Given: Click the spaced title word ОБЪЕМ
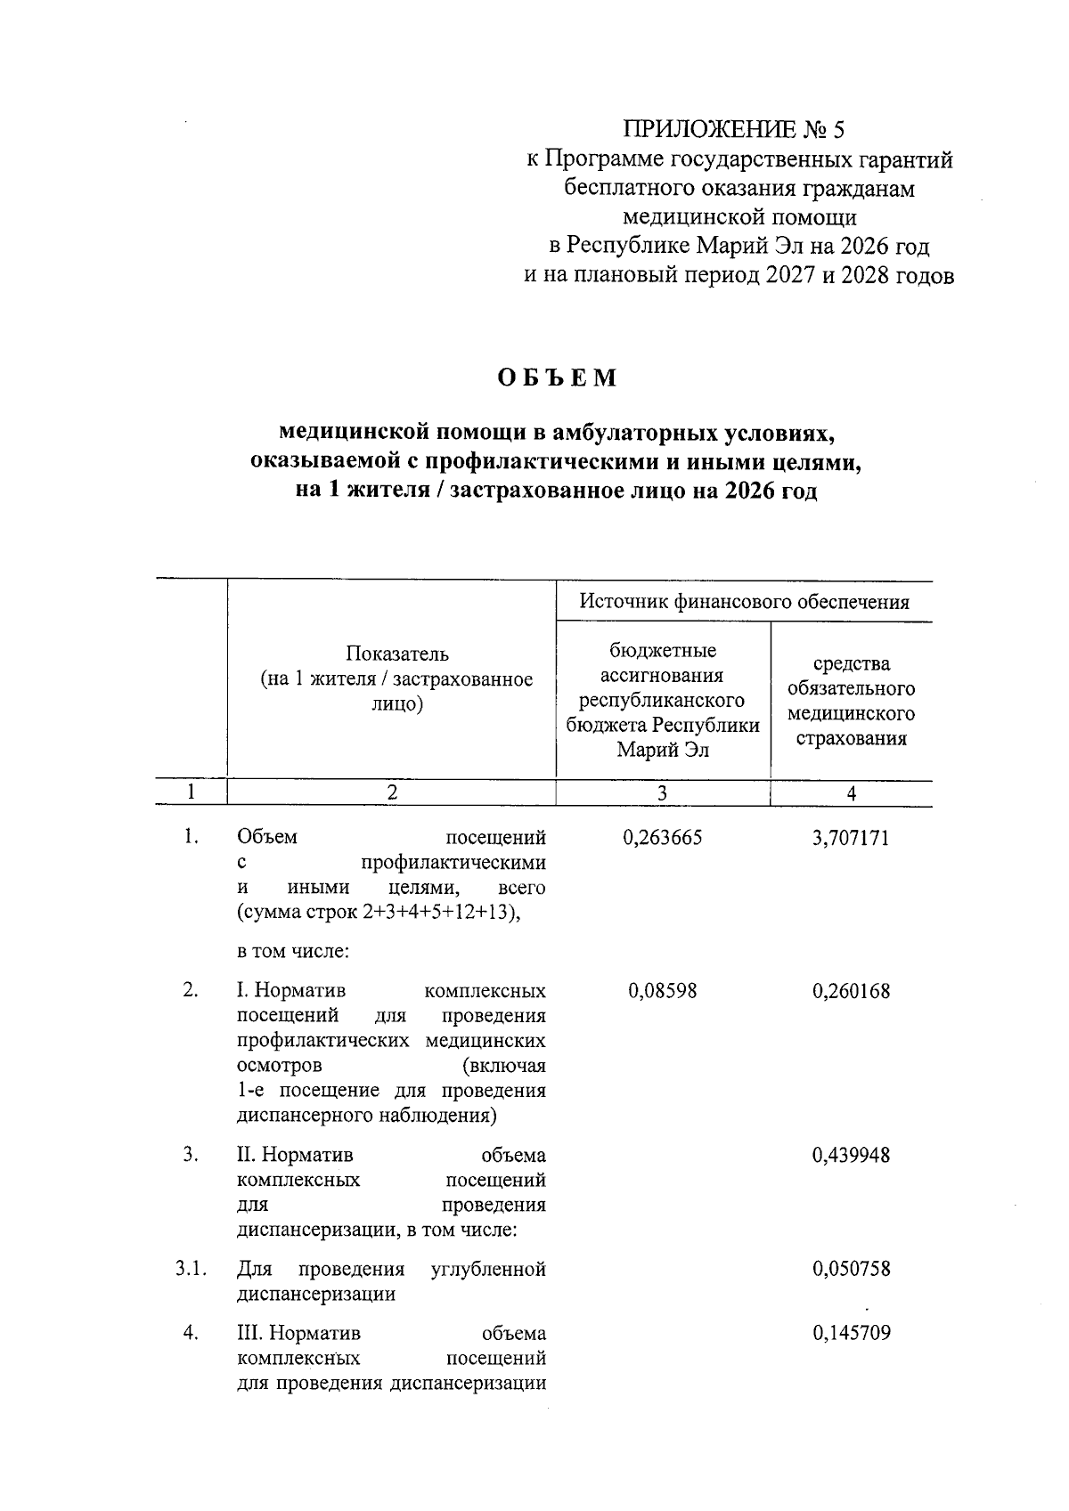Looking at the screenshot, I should point(557,378).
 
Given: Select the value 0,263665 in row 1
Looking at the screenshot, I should point(663,838).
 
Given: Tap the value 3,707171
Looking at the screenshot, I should point(851,838).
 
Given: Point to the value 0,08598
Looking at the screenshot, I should point(663,991).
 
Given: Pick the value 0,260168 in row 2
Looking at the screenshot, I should point(851,991).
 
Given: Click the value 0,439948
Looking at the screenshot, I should point(851,1156).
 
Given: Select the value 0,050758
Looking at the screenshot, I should point(851,1269).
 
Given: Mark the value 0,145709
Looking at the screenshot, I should point(851,1334).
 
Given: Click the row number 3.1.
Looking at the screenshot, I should point(191,1269).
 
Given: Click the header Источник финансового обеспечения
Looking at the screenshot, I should point(744,602).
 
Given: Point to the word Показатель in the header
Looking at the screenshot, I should point(396,654).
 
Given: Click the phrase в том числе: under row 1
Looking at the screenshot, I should point(292,951).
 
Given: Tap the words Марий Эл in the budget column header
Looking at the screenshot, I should point(663,750).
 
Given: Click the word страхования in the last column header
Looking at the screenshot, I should point(851,738).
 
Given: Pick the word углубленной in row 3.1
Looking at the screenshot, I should point(487,1269).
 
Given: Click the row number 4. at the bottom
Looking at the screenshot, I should point(191,1334).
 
